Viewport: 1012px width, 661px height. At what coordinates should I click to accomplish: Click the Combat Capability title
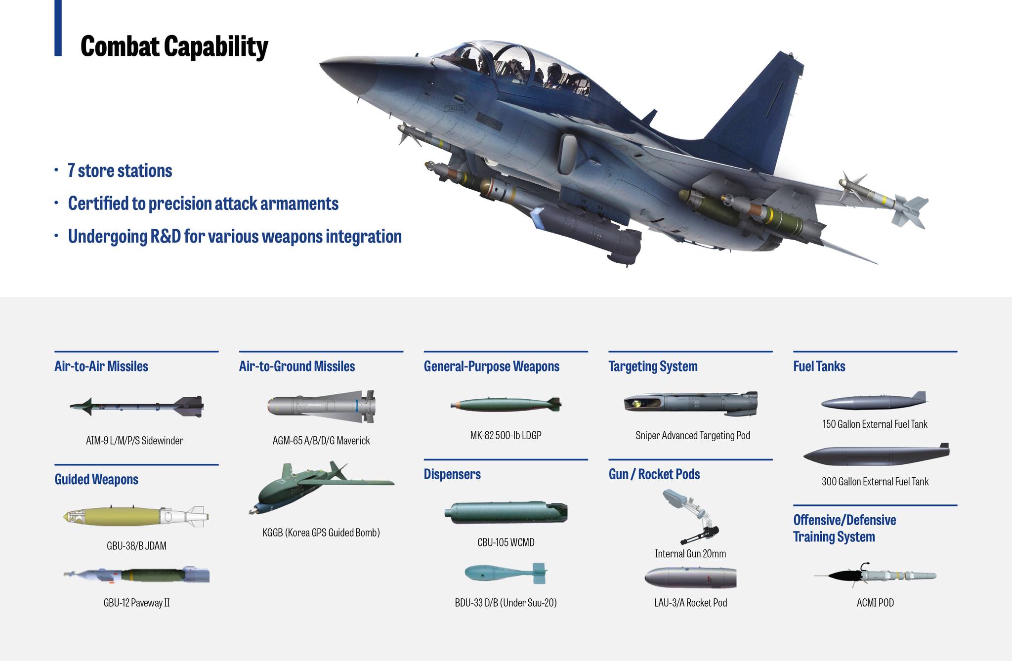pos(174,46)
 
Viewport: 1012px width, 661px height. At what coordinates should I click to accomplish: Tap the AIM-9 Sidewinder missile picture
pos(136,406)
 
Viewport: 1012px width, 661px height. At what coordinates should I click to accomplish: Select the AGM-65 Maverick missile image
pos(321,407)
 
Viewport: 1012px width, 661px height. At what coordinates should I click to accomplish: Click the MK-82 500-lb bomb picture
pos(506,405)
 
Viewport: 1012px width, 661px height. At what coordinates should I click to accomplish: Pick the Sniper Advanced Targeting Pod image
pos(690,404)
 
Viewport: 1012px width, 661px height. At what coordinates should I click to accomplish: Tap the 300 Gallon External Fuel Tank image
pos(876,455)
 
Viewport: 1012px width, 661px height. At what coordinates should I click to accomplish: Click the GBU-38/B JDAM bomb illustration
pos(136,516)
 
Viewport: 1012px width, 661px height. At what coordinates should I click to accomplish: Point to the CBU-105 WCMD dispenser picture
pos(506,512)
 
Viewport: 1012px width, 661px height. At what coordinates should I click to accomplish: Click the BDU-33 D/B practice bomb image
pos(506,573)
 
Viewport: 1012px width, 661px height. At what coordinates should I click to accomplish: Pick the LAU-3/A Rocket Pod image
pos(690,578)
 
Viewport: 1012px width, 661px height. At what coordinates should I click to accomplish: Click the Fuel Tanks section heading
pos(819,366)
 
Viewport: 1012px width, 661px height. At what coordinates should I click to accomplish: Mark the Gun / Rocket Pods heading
pos(654,474)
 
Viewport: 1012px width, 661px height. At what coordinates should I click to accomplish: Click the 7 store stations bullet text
pos(120,170)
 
